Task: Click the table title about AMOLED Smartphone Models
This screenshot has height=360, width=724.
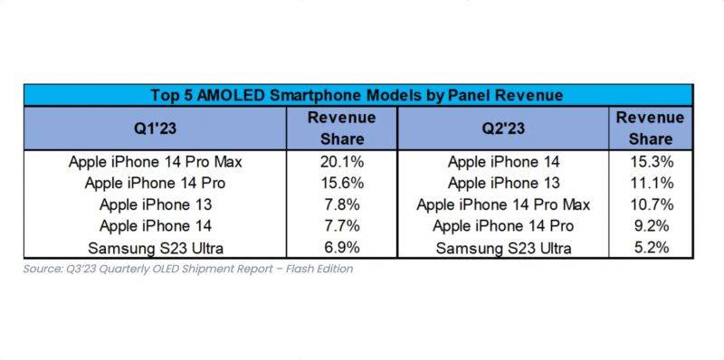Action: pyautogui.click(x=357, y=95)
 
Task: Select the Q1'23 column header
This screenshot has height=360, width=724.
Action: pyautogui.click(x=156, y=128)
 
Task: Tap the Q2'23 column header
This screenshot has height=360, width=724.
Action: pyautogui.click(x=502, y=128)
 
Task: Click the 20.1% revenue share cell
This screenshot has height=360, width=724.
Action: pyautogui.click(x=341, y=162)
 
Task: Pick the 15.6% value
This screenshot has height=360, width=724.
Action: pyautogui.click(x=341, y=184)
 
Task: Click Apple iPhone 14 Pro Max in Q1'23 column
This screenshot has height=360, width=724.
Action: pyautogui.click(x=156, y=162)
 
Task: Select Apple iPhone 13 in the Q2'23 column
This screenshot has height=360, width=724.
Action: pyautogui.click(x=502, y=184)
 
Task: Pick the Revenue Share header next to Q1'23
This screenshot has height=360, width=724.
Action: pyautogui.click(x=341, y=128)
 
